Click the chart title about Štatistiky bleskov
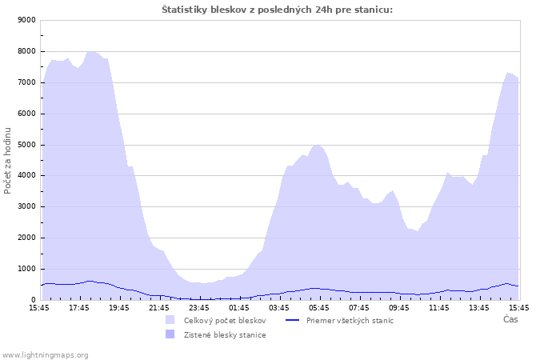[x=277, y=10]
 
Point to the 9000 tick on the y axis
[x=26, y=20]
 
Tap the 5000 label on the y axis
[x=26, y=145]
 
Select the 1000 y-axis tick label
[x=26, y=269]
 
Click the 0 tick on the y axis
[x=34, y=300]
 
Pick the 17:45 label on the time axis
[x=79, y=308]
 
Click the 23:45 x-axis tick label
[x=199, y=308]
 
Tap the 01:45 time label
[x=239, y=308]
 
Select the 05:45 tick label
[x=319, y=308]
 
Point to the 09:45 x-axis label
[x=399, y=308]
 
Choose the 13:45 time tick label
[x=479, y=308]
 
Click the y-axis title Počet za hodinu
[x=7, y=161]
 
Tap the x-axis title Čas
[x=510, y=319]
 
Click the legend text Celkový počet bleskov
[x=225, y=321]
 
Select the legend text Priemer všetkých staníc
[x=350, y=321]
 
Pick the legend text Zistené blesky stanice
[x=225, y=335]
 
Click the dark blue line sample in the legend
[x=292, y=320]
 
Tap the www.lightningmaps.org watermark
[x=45, y=355]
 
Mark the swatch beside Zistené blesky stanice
[x=170, y=334]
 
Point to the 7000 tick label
[x=26, y=82]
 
